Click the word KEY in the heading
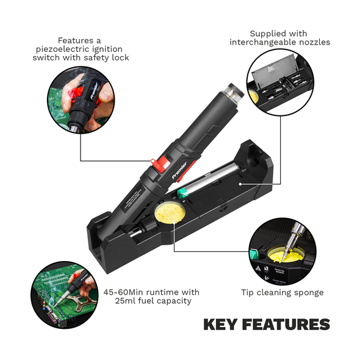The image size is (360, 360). (x=224, y=325)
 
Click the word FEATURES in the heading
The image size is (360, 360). (x=289, y=325)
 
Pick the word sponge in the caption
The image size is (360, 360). (x=309, y=292)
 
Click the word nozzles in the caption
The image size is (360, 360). (x=315, y=42)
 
